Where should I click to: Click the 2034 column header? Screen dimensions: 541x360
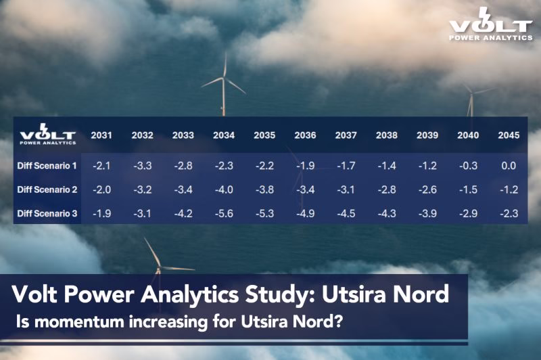[224, 135]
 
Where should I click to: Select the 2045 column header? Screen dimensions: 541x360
[509, 135]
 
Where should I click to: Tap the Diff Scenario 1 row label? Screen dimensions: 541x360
[47, 166]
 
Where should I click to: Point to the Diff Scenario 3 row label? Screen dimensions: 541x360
[47, 213]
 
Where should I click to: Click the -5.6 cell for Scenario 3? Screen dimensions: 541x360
[224, 214]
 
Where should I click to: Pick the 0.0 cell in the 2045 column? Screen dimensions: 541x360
[509, 166]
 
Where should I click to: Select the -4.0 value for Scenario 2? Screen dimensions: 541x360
[224, 189]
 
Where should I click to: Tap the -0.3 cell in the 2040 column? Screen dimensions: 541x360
[468, 166]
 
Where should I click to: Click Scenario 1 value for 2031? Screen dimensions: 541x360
[101, 166]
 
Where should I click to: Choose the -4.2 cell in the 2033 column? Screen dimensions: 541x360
[183, 214]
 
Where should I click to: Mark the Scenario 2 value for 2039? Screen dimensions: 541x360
[427, 189]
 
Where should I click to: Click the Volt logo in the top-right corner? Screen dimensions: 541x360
[491, 24]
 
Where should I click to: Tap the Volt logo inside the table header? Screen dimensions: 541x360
[47, 134]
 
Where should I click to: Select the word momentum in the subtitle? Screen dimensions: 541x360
[79, 321]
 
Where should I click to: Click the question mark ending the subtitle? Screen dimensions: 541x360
[339, 321]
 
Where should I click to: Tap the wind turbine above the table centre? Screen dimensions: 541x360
[224, 85]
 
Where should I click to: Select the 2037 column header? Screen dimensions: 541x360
[346, 135]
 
